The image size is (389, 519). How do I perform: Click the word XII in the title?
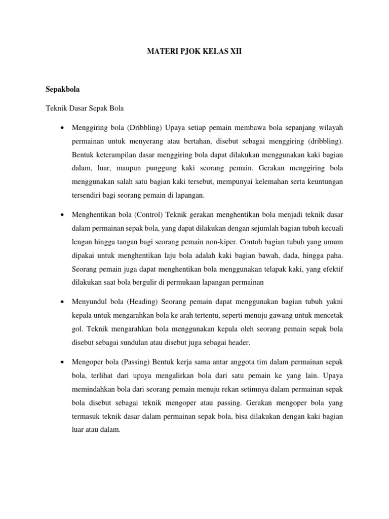[x=236, y=52]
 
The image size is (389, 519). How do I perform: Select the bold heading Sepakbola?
[x=63, y=89]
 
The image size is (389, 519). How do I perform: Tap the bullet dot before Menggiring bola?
[x=61, y=127]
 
